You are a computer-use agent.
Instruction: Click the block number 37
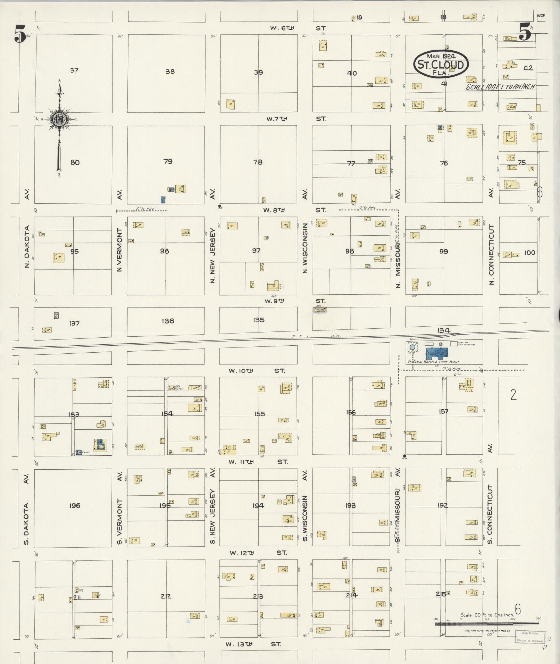74,70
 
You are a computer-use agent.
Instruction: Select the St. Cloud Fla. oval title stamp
441,64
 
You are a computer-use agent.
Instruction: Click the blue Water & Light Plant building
437,354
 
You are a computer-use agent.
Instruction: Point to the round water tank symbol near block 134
412,347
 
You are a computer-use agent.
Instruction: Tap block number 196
75,505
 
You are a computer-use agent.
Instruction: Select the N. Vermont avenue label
119,249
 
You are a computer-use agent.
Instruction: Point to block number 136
168,321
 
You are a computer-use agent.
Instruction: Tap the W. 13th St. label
253,644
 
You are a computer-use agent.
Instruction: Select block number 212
166,596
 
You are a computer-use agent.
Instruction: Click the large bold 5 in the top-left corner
20,34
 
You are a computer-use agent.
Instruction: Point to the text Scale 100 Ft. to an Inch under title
500,87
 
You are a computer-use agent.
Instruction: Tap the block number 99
444,251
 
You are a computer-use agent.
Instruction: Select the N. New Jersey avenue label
212,256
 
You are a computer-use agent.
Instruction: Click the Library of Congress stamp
530,637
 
